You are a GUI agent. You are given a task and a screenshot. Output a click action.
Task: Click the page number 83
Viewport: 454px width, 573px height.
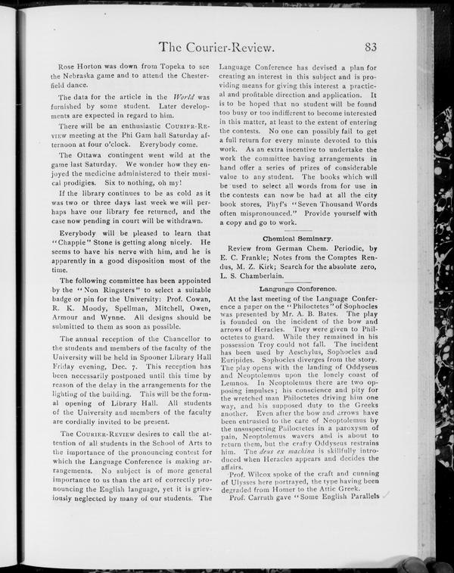(371, 47)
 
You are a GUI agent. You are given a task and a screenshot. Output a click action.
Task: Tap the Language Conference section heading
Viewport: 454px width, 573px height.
(291, 289)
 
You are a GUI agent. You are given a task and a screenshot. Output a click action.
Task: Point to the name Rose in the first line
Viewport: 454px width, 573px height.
(67, 67)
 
